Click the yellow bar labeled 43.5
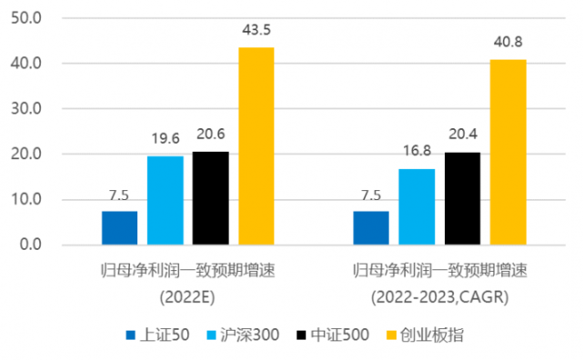(x=256, y=145)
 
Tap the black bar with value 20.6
(x=211, y=198)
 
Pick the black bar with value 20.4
(x=462, y=198)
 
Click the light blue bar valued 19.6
(x=166, y=200)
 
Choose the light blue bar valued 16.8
(x=417, y=206)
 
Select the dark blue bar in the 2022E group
(x=120, y=228)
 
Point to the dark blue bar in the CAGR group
(x=371, y=228)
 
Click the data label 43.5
(x=256, y=30)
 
